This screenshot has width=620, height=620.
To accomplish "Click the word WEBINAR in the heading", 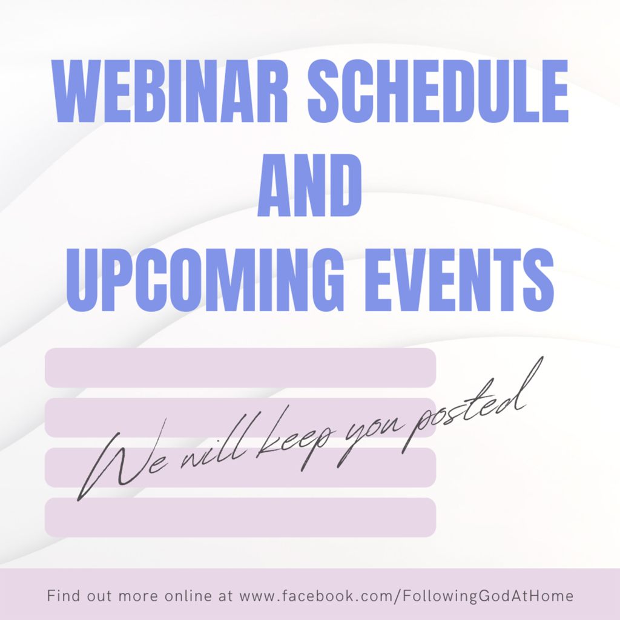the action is (x=170, y=91).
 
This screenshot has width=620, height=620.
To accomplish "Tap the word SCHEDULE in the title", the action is (x=438, y=91).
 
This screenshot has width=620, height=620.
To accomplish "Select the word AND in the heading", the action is (x=309, y=185).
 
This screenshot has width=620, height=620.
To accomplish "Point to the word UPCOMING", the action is (x=205, y=280).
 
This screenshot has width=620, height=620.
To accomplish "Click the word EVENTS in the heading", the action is (x=459, y=280).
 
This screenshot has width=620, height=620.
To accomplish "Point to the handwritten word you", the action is (x=370, y=439).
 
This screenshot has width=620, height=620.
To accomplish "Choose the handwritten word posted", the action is (x=470, y=407).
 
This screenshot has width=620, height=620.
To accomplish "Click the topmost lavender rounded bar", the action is (x=240, y=368).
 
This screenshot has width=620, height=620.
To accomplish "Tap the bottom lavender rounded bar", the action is (x=240, y=517).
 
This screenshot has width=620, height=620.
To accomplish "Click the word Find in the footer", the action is (x=64, y=596).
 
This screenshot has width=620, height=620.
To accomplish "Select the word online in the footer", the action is (x=188, y=596).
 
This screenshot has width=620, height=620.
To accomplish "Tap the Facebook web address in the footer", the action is (x=406, y=596).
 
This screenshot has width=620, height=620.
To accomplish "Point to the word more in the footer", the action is (x=138, y=596).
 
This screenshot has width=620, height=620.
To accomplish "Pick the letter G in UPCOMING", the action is (x=325, y=280).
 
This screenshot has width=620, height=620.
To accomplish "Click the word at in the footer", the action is (x=225, y=596).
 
